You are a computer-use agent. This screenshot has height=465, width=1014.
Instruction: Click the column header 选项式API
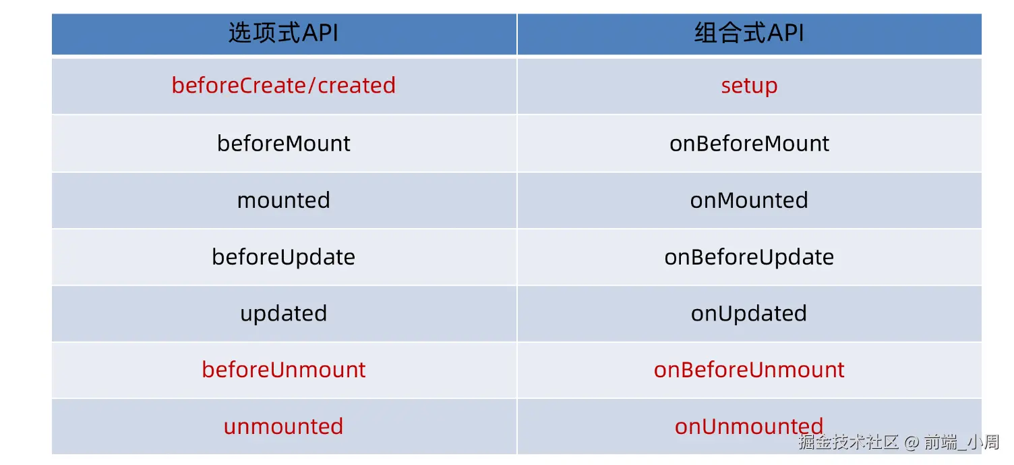pos(283,33)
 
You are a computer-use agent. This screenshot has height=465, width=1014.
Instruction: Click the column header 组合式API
pos(749,33)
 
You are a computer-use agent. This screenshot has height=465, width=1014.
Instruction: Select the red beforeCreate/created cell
pos(283,85)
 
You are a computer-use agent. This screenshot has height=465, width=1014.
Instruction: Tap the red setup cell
pos(749,86)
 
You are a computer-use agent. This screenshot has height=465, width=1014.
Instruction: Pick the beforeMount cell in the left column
pos(283,143)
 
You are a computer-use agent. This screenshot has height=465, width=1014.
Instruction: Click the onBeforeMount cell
pos(749,143)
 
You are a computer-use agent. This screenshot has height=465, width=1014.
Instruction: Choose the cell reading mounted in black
pos(283,200)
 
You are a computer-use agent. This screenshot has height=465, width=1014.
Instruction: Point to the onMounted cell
pos(749,200)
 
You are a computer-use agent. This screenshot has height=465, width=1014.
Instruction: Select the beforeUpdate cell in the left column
pos(283,257)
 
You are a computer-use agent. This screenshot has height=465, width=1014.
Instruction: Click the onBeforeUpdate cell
pos(749,257)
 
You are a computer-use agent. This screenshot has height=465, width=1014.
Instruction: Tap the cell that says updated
pos(283,314)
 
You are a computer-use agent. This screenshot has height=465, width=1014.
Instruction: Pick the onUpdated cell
pos(749,314)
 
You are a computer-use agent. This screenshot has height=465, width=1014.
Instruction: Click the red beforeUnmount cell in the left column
pos(283,369)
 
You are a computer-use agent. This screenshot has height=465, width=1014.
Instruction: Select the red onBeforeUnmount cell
pos(749,369)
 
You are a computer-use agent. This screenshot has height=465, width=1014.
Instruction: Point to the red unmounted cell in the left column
pos(283,427)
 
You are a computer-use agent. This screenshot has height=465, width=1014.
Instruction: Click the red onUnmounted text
pos(749,427)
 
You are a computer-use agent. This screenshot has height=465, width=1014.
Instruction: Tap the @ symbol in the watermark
pos(912,442)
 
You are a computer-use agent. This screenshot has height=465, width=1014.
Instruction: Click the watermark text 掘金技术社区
pos(849,442)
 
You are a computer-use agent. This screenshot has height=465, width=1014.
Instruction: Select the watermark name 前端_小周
pos(961,442)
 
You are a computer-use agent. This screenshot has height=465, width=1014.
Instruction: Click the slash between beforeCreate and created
pos(311,85)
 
